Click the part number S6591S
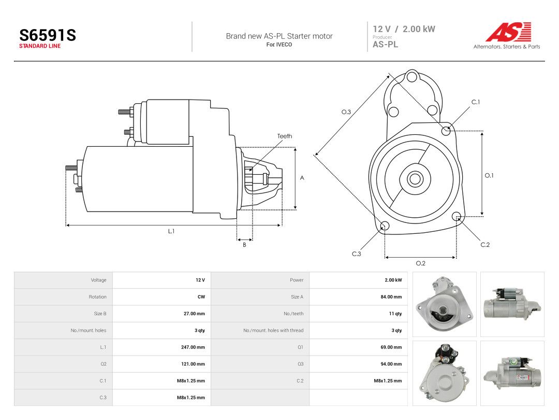(x=48, y=35)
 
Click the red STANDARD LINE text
(x=40, y=46)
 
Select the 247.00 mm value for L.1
(x=193, y=347)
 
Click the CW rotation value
(x=201, y=297)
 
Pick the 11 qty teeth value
(x=395, y=314)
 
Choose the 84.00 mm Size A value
(x=391, y=297)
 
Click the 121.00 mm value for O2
(x=193, y=364)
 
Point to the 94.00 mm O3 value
(x=391, y=364)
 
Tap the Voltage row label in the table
(x=98, y=280)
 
